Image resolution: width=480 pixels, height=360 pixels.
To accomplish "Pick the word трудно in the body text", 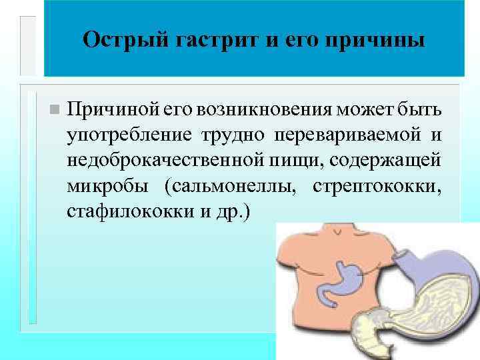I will pyautogui.click(x=226, y=135).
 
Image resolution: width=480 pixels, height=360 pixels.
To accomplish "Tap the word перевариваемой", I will pyautogui.click(x=344, y=135).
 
